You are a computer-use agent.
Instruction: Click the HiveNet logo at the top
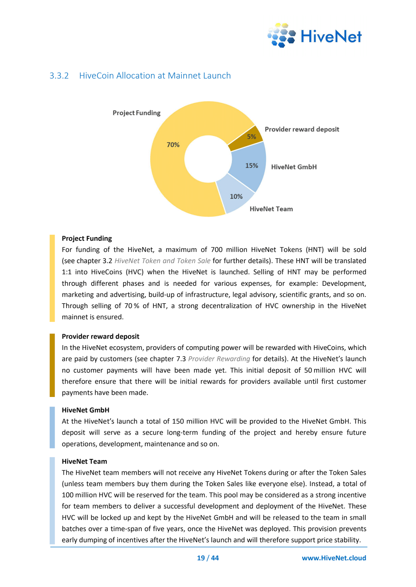pyautogui.click(x=314, y=36)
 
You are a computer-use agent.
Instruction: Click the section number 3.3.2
pyautogui.click(x=59, y=76)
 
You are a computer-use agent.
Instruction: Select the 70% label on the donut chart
pyautogui.click(x=173, y=145)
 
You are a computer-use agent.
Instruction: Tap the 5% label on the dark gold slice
pyautogui.click(x=251, y=137)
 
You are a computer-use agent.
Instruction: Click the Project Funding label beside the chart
pyautogui.click(x=136, y=113)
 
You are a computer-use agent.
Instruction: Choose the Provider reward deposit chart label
pyautogui.click(x=302, y=129)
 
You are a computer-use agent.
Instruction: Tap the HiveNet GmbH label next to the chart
pyautogui.click(x=294, y=167)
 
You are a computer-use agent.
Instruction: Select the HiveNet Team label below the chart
pyautogui.click(x=271, y=209)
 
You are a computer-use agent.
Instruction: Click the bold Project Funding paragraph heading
pyautogui.click(x=87, y=238)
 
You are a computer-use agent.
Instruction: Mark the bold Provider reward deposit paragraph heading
pyautogui.click(x=100, y=337)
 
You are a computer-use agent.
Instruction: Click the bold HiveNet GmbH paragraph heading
pyautogui.click(x=86, y=410)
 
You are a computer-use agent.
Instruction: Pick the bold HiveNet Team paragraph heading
pyautogui.click(x=85, y=461)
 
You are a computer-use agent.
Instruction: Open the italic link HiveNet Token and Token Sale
pyautogui.click(x=162, y=261)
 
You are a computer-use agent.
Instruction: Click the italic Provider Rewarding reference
pyautogui.click(x=219, y=359)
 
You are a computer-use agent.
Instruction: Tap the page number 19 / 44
pyautogui.click(x=208, y=558)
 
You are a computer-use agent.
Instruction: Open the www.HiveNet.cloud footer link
pyautogui.click(x=334, y=558)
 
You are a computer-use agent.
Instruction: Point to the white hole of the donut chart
pyautogui.click(x=208, y=159)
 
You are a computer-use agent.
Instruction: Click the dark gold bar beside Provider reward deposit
pyautogui.click(x=52, y=365)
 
